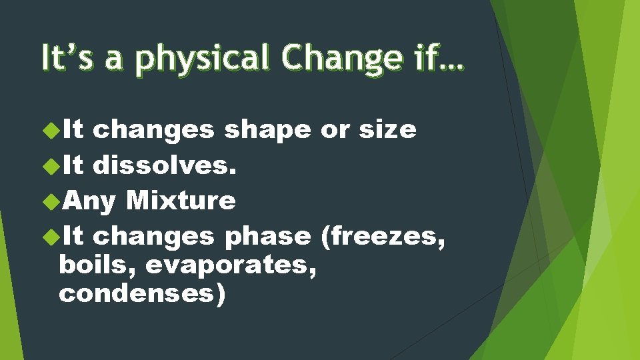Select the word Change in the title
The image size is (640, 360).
[340, 58]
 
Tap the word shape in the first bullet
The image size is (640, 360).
[267, 130]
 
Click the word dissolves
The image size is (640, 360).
[164, 165]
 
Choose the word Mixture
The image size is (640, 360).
[180, 200]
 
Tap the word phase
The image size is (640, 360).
[267, 236]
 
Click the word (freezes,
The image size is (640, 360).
[383, 236]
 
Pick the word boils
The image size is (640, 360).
[97, 265]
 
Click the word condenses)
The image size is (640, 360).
[142, 294]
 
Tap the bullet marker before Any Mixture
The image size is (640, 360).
[51, 199]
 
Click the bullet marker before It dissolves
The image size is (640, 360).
[51, 164]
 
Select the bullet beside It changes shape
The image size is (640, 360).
[51, 129]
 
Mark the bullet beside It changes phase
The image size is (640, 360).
[51, 235]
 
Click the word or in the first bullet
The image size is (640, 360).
[335, 130]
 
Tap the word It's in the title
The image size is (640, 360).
[64, 57]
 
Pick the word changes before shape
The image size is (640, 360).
[153, 130]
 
